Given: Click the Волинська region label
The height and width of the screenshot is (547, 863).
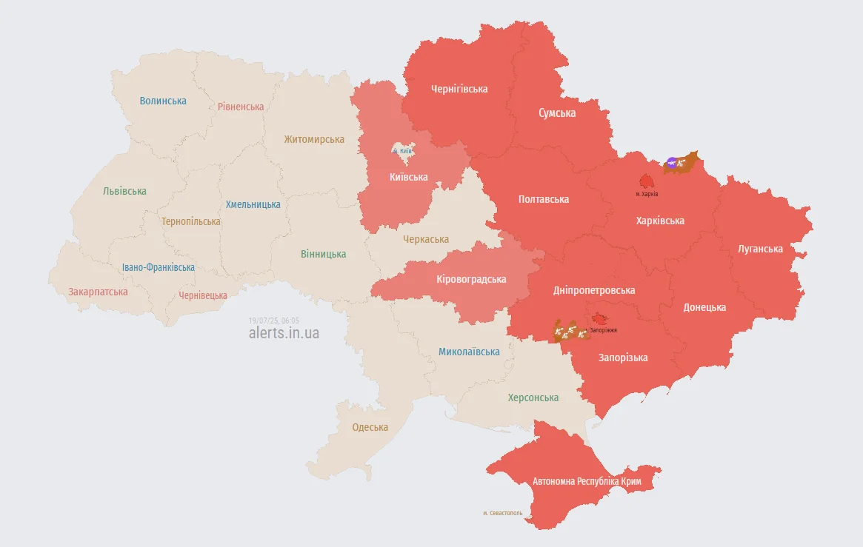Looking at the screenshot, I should tap(163, 101).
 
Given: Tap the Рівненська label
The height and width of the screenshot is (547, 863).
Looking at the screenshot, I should tap(241, 107).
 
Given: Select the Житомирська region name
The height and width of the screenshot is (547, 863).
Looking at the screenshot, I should tap(314, 139).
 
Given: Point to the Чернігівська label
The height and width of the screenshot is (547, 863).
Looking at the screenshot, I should tap(459, 89).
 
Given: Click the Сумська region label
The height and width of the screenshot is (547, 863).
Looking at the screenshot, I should tap(556, 113).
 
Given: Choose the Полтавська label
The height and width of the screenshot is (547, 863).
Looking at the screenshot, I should tap(544, 199).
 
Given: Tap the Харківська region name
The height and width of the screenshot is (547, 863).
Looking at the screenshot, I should tap(660, 221).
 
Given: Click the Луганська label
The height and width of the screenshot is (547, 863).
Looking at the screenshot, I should tap(760, 249).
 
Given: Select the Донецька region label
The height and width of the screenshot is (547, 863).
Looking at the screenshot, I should tap(704, 307).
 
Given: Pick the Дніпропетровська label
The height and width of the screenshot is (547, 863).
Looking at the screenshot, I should tap(593, 290).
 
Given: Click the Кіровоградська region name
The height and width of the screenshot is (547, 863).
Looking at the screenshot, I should tap(471, 279).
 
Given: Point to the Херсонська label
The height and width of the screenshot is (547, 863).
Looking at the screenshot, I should tap(533, 397).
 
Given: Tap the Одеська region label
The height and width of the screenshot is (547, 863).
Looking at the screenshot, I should tap(370, 427).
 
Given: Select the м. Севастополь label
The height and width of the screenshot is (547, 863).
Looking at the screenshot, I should tap(502, 512).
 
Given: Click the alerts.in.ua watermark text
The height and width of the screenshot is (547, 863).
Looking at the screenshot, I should tap(284, 333).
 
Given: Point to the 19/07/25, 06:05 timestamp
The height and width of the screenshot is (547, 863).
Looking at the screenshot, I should tap(274, 320).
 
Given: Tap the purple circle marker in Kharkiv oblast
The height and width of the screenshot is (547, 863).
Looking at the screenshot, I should tap(671, 162).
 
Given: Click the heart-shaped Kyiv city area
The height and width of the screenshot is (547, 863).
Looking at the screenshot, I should tap(402, 153).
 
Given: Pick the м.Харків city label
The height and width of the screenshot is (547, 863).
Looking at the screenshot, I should tap(647, 194).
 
